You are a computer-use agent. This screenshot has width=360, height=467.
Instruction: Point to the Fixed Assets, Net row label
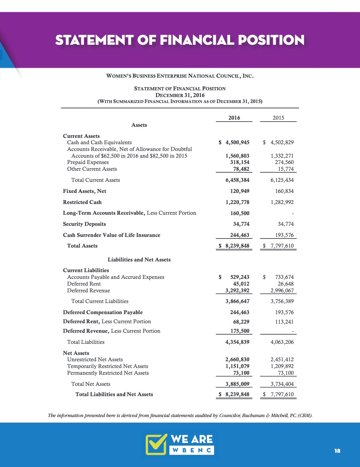tap(85, 191)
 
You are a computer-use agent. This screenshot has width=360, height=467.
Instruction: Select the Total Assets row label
tap(82, 246)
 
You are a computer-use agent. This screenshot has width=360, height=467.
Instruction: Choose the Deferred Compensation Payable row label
tap(103, 312)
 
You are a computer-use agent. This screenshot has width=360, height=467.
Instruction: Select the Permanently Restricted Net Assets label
tap(108, 373)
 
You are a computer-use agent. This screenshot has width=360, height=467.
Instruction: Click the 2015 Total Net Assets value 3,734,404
tap(282, 384)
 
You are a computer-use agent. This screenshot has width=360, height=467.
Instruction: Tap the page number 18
tap(337, 451)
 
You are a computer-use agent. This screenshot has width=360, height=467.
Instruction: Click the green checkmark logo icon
tap(156, 444)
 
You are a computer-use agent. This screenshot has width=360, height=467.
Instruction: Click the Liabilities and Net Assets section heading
tap(139, 260)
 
